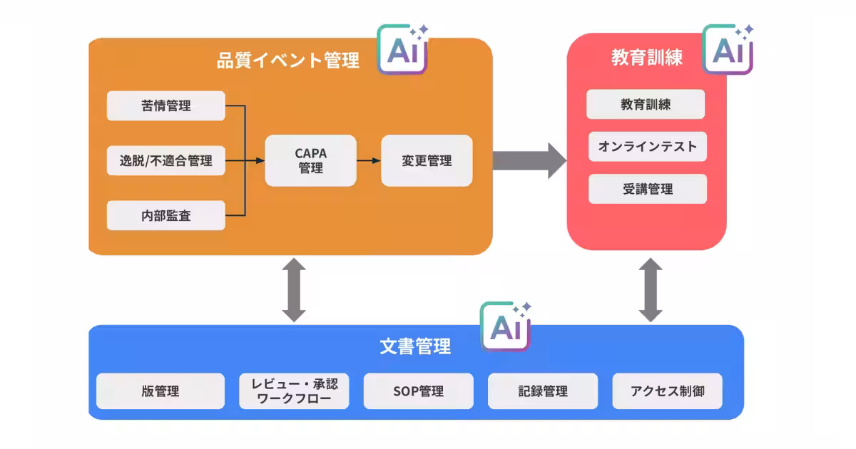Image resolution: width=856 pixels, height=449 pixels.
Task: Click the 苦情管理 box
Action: pos(165,105)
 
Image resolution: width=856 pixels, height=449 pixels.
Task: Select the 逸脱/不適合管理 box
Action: pos(165,161)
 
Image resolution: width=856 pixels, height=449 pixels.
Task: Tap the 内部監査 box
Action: pos(165,215)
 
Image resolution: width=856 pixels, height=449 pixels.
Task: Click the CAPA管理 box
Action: pos(311,161)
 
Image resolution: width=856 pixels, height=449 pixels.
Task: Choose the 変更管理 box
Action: pos(427,161)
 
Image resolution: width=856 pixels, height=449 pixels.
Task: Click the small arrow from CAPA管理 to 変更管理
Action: pos(369,161)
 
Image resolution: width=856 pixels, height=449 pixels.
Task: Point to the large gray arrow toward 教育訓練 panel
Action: pos(529,161)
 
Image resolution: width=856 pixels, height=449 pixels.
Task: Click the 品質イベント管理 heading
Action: pos(288,61)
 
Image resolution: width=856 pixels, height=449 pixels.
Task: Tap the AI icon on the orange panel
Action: pos(403,49)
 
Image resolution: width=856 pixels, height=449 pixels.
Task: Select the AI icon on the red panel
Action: pos(728,49)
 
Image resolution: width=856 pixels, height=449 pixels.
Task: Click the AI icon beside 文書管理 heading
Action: pos(506,326)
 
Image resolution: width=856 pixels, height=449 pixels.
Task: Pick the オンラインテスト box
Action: pos(648,147)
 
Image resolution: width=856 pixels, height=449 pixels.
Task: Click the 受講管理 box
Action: pos(648,189)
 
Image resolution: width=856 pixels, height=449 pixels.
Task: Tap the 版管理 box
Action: pos(160,391)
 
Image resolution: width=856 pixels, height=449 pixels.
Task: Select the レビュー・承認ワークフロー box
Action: pos(294,391)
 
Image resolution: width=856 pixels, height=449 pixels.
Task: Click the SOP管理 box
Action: pos(419,391)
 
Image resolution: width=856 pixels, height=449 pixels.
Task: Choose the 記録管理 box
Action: pos(543,391)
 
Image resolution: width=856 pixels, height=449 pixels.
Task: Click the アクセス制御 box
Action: pos(668,391)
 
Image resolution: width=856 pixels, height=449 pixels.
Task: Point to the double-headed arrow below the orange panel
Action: pos(294,290)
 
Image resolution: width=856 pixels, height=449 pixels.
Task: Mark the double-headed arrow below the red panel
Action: pos(651,290)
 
